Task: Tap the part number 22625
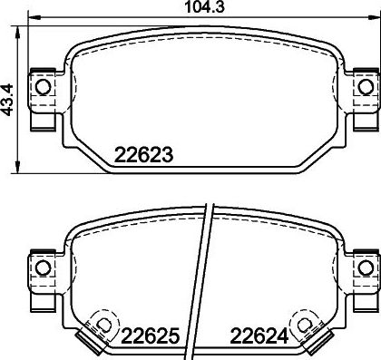(x=148, y=336)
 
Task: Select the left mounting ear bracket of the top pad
(x=41, y=100)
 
